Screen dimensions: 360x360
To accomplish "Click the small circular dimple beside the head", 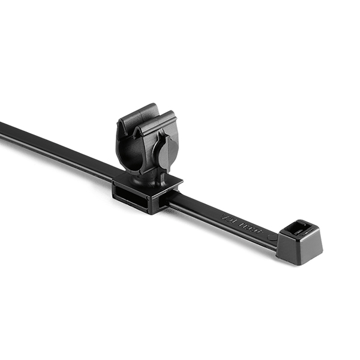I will [274, 237].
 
